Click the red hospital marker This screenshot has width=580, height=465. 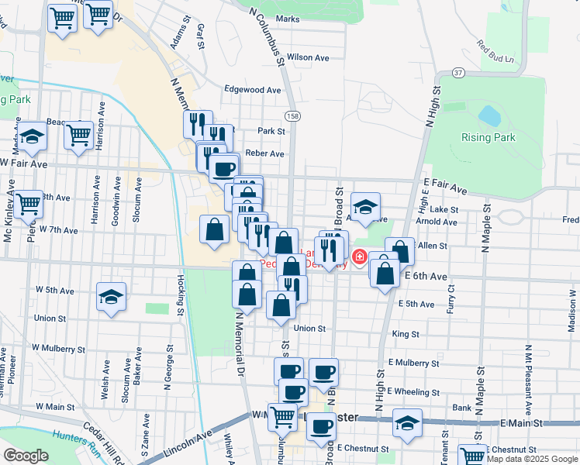[x=360, y=256]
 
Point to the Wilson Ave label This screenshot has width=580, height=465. [x=308, y=57]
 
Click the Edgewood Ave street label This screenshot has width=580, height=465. [x=252, y=90]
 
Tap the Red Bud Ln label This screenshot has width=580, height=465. [x=495, y=51]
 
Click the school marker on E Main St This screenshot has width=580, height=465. [x=407, y=423]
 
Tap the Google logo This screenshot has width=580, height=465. [x=26, y=455]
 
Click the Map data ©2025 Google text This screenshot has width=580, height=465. [x=531, y=460]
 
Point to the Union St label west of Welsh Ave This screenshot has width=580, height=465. [x=50, y=319]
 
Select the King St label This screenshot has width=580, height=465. [x=406, y=335]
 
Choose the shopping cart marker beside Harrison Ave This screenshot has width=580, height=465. [x=79, y=135]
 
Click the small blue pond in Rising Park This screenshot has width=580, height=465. [x=489, y=115]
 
